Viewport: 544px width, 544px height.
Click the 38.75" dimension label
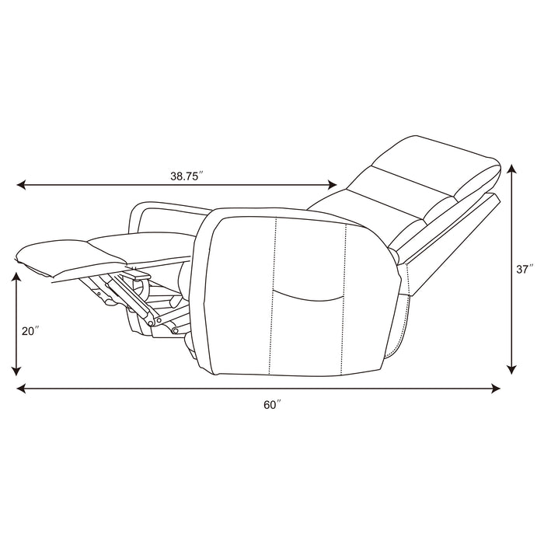point(186,176)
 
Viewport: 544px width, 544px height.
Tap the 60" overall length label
point(270,403)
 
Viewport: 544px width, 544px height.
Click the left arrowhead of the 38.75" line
point(21,186)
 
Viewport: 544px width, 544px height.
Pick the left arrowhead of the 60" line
point(21,388)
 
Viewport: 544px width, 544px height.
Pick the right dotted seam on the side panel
point(345,295)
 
